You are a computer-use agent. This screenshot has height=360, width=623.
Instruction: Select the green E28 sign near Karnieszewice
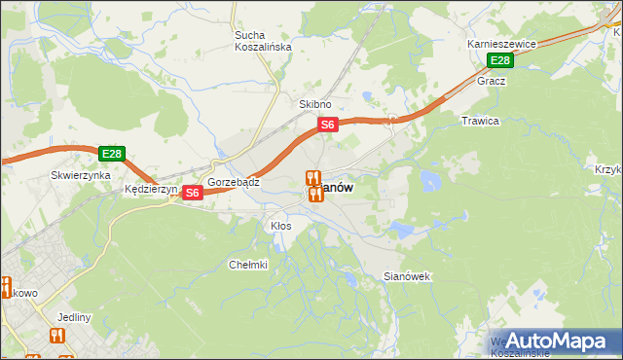pyautogui.click(x=499, y=61)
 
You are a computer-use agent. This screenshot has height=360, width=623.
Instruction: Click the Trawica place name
pyautogui.click(x=479, y=121)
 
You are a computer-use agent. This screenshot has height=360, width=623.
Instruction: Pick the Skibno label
pyautogui.click(x=314, y=104)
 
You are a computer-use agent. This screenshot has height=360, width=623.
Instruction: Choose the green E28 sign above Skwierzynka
pyautogui.click(x=111, y=154)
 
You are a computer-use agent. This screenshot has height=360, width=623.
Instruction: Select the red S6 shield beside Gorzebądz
pyautogui.click(x=192, y=193)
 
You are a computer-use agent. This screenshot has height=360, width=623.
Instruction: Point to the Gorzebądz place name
pyautogui.click(x=233, y=182)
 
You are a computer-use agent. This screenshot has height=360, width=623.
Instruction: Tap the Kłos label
pyautogui.click(x=280, y=226)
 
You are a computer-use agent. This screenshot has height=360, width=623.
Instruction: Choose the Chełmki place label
pyautogui.click(x=247, y=265)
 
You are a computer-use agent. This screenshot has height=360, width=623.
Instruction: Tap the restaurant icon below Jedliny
pyautogui.click(x=55, y=336)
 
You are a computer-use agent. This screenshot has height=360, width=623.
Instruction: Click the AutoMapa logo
pyautogui.click(x=557, y=341)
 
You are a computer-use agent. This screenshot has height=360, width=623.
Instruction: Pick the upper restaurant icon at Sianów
pyautogui.click(x=311, y=178)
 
